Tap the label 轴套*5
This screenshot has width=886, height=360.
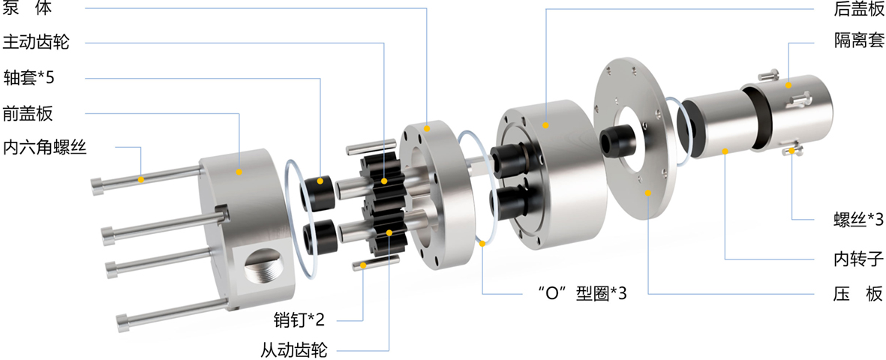[x=29, y=76]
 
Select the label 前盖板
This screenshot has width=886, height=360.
[x=28, y=113]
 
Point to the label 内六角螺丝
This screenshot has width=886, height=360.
[x=45, y=148]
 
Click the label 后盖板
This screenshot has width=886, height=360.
[x=858, y=9]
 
